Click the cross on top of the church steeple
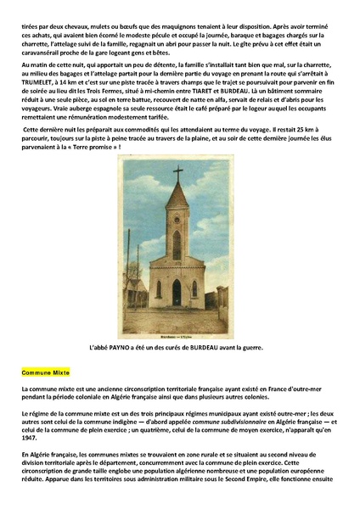click(x=177, y=172)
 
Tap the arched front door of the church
click(x=177, y=292)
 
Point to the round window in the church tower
click(x=177, y=265)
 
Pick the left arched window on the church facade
click(x=159, y=288)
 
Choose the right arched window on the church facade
click(x=195, y=288)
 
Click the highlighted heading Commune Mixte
click(x=45, y=372)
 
